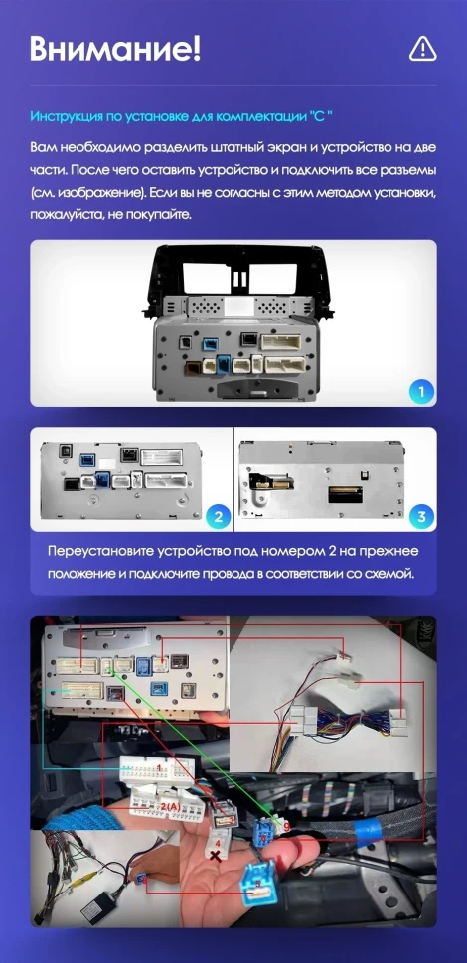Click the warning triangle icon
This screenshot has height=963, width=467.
point(423,47)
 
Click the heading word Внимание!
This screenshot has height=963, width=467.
point(115,47)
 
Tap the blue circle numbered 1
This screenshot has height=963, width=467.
point(421,392)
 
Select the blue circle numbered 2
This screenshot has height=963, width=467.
point(216,516)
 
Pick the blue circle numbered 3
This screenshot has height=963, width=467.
point(421,516)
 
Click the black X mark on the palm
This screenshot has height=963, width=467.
point(214,854)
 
